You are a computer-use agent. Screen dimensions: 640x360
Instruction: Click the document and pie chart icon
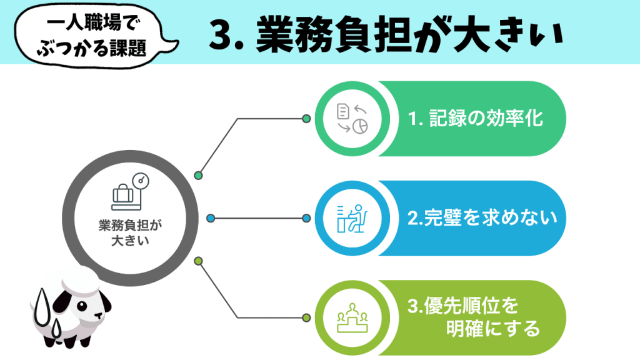point(351,119)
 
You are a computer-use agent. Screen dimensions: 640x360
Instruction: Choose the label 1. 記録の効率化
point(476,119)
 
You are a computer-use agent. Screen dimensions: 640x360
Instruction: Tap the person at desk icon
point(351,218)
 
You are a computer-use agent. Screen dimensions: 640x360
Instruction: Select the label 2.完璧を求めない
point(481,218)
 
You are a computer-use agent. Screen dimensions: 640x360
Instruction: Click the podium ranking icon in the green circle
point(351,317)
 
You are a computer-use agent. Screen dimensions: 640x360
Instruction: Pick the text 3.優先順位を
point(463,307)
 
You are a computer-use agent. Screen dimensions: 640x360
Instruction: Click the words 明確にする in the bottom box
point(493,329)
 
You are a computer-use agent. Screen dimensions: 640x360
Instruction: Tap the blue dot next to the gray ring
point(211,218)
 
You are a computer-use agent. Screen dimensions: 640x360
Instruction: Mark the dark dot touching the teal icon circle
point(306,119)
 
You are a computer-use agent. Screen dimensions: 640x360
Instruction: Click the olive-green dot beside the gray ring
point(199,261)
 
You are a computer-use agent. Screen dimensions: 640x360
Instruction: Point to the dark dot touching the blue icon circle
point(306,218)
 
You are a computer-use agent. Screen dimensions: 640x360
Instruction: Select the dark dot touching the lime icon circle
point(306,317)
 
